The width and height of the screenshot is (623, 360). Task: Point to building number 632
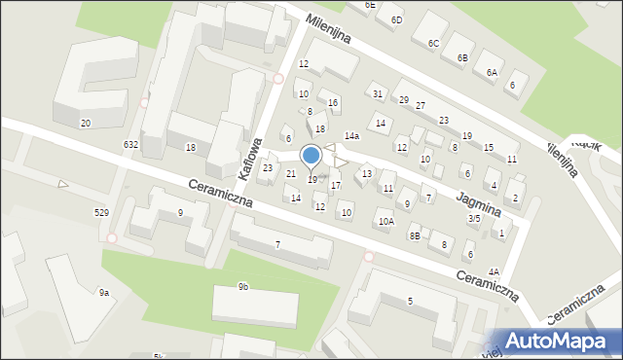coord(130,144)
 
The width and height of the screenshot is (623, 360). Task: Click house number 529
coord(100,212)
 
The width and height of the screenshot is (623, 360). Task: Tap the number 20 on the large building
coord(86,123)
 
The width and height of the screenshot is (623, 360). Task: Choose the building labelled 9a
coord(103,292)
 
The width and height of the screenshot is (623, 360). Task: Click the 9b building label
coord(242,286)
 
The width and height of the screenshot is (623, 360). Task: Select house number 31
coord(377,93)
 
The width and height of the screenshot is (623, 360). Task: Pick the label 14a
coord(351,136)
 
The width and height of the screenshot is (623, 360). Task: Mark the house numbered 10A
coord(386,222)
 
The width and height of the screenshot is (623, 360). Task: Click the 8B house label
coord(415,234)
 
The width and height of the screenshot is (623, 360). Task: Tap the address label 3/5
coord(474,219)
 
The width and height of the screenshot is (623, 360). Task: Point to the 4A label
coord(495,271)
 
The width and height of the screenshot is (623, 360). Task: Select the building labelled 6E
coord(370,5)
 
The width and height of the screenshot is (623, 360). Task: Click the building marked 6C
coord(433,43)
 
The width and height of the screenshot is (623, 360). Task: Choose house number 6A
coord(493,72)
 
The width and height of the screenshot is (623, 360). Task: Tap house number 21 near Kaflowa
coord(290,173)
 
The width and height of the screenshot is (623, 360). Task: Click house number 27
coord(421,105)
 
